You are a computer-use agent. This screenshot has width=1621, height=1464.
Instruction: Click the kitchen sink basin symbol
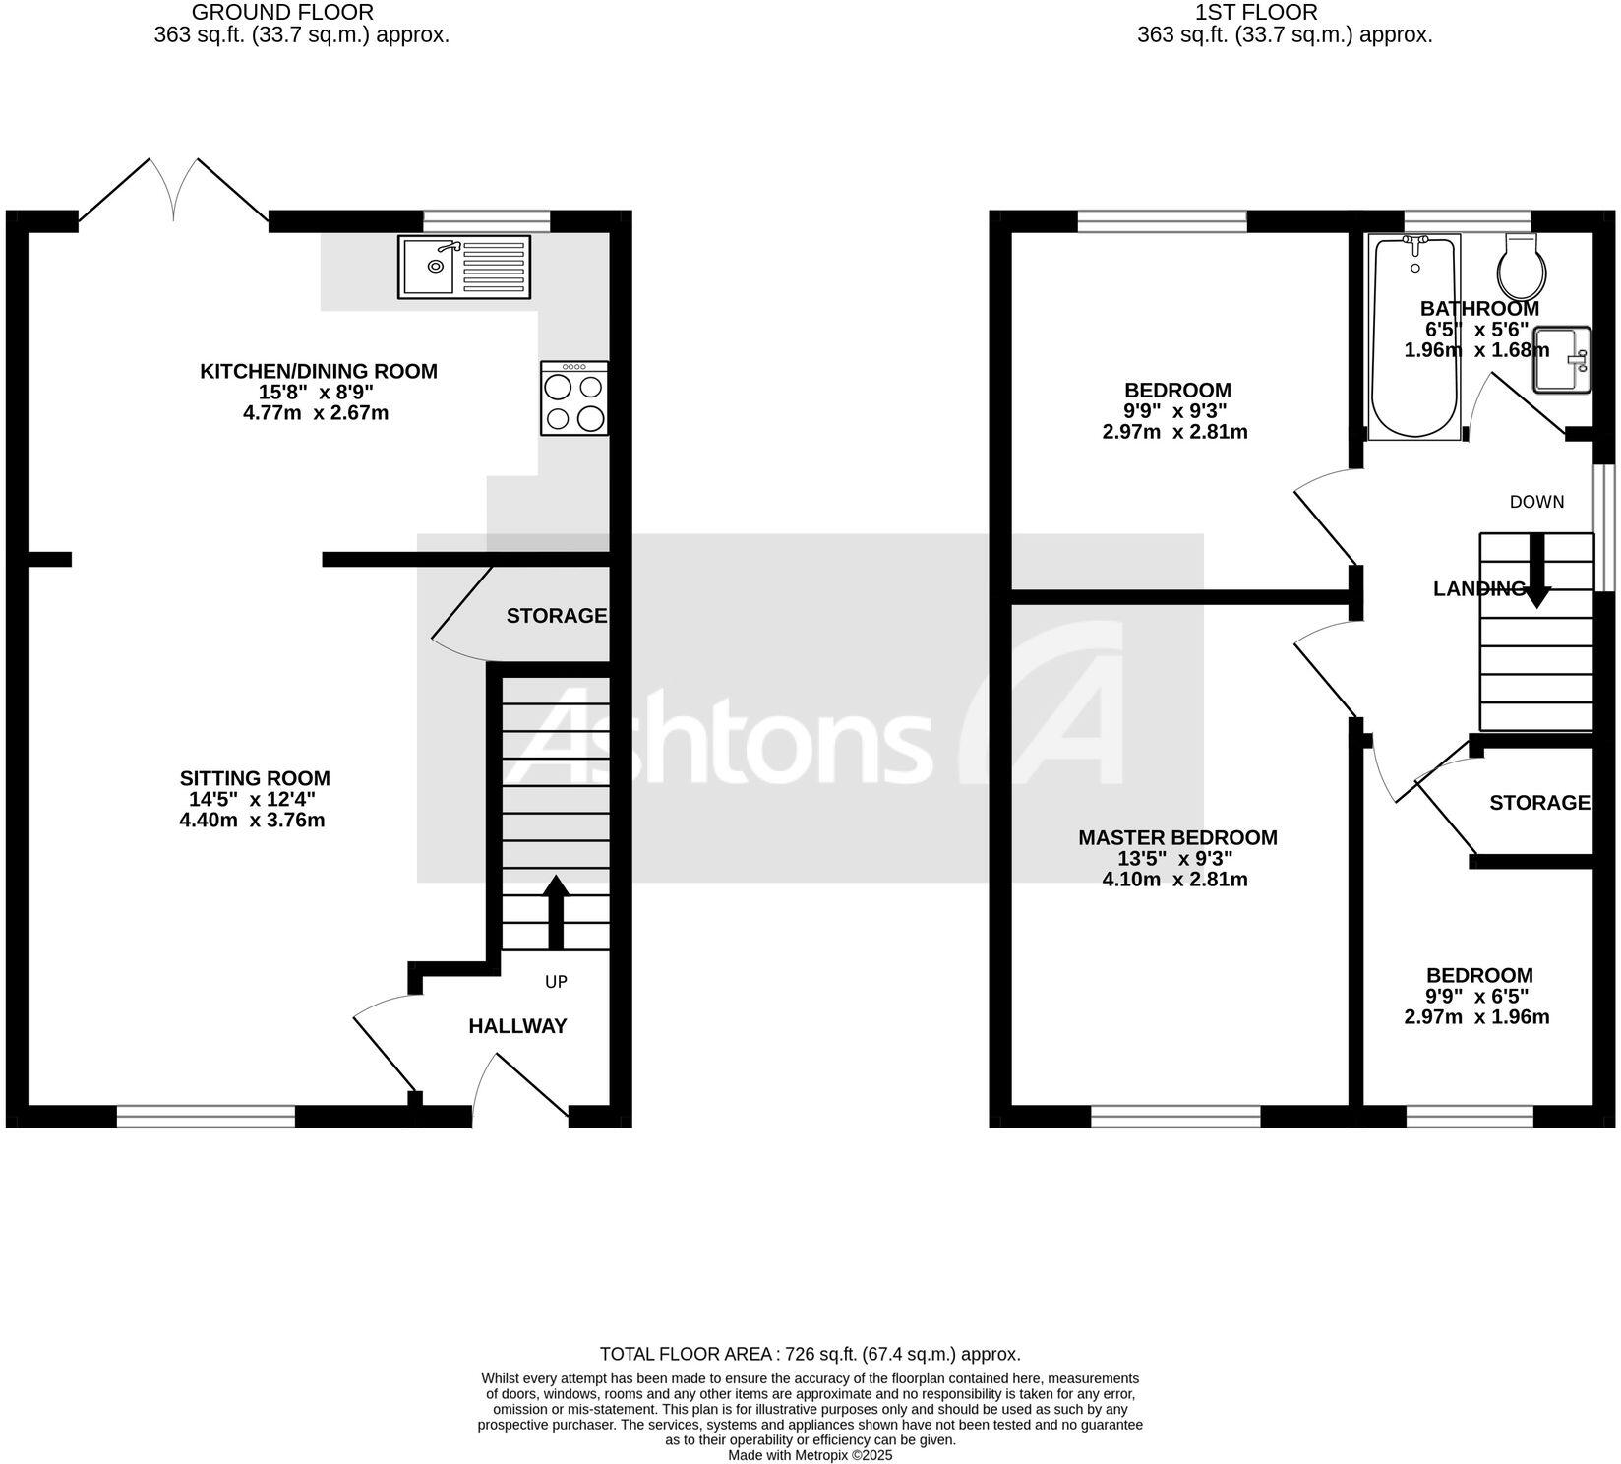(428, 266)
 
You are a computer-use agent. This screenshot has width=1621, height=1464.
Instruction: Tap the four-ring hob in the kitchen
(574, 398)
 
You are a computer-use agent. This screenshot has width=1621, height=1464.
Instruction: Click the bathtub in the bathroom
(1414, 336)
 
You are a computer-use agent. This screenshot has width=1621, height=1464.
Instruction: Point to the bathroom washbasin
(1561, 360)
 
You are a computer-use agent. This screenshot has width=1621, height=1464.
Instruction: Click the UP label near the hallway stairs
(556, 982)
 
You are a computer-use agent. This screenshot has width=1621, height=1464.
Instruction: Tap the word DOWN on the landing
(1536, 502)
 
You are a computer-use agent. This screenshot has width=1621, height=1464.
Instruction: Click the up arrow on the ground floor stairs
(556, 911)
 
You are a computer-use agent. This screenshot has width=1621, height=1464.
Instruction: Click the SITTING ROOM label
(255, 778)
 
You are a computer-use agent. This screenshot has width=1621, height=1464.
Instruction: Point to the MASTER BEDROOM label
(1177, 837)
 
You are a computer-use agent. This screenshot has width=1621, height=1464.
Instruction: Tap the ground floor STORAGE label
(556, 616)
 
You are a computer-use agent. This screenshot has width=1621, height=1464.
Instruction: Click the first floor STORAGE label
(1539, 803)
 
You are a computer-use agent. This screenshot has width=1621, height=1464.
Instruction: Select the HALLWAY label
(517, 1026)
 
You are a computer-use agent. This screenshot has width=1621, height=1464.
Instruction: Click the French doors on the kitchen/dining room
(174, 192)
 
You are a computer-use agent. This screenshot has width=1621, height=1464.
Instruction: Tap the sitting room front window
(206, 1116)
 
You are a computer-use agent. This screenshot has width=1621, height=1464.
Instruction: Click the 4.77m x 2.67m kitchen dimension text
(316, 413)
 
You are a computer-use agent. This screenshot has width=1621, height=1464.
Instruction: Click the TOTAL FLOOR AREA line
(810, 1354)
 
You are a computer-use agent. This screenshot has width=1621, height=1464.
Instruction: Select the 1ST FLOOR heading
(1255, 13)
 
